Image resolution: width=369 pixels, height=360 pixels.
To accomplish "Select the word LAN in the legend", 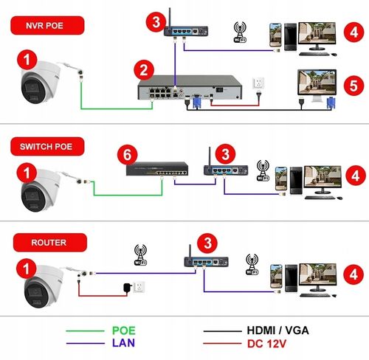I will [134, 344].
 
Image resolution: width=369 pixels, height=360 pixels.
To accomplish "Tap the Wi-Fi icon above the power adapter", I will [141, 255].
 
